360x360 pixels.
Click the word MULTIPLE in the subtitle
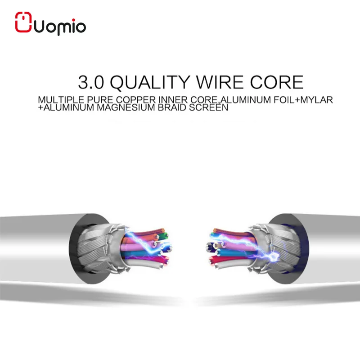[x=56, y=100]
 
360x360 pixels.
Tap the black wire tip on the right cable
[x=208, y=247]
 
